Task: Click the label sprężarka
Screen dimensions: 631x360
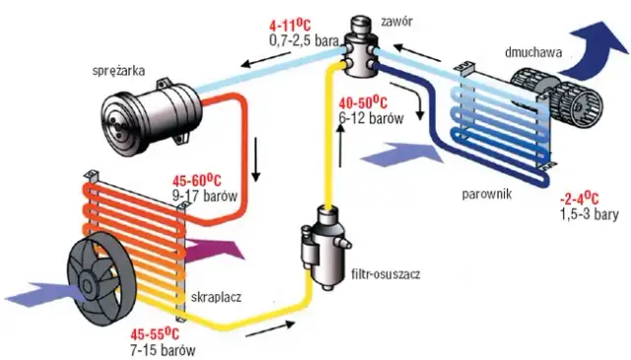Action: coord(118,71)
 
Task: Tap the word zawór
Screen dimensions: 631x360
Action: coord(396,22)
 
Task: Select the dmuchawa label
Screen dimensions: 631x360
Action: coord(533,52)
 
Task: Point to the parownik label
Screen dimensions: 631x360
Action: coord(486,194)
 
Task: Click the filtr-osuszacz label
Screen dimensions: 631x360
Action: coord(386,274)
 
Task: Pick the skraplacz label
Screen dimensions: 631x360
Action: coord(216,297)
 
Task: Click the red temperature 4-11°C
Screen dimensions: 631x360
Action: coord(290,25)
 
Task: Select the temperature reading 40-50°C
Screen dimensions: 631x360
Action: coord(363,103)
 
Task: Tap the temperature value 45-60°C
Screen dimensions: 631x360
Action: coord(197,180)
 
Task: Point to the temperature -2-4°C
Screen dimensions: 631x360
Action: coord(579,198)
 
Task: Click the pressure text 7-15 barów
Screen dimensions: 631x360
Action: coord(163,349)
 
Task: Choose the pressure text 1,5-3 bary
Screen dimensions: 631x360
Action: coord(590,214)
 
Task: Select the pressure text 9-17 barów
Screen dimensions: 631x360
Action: coord(205,196)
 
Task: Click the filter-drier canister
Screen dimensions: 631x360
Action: coord(325,247)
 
